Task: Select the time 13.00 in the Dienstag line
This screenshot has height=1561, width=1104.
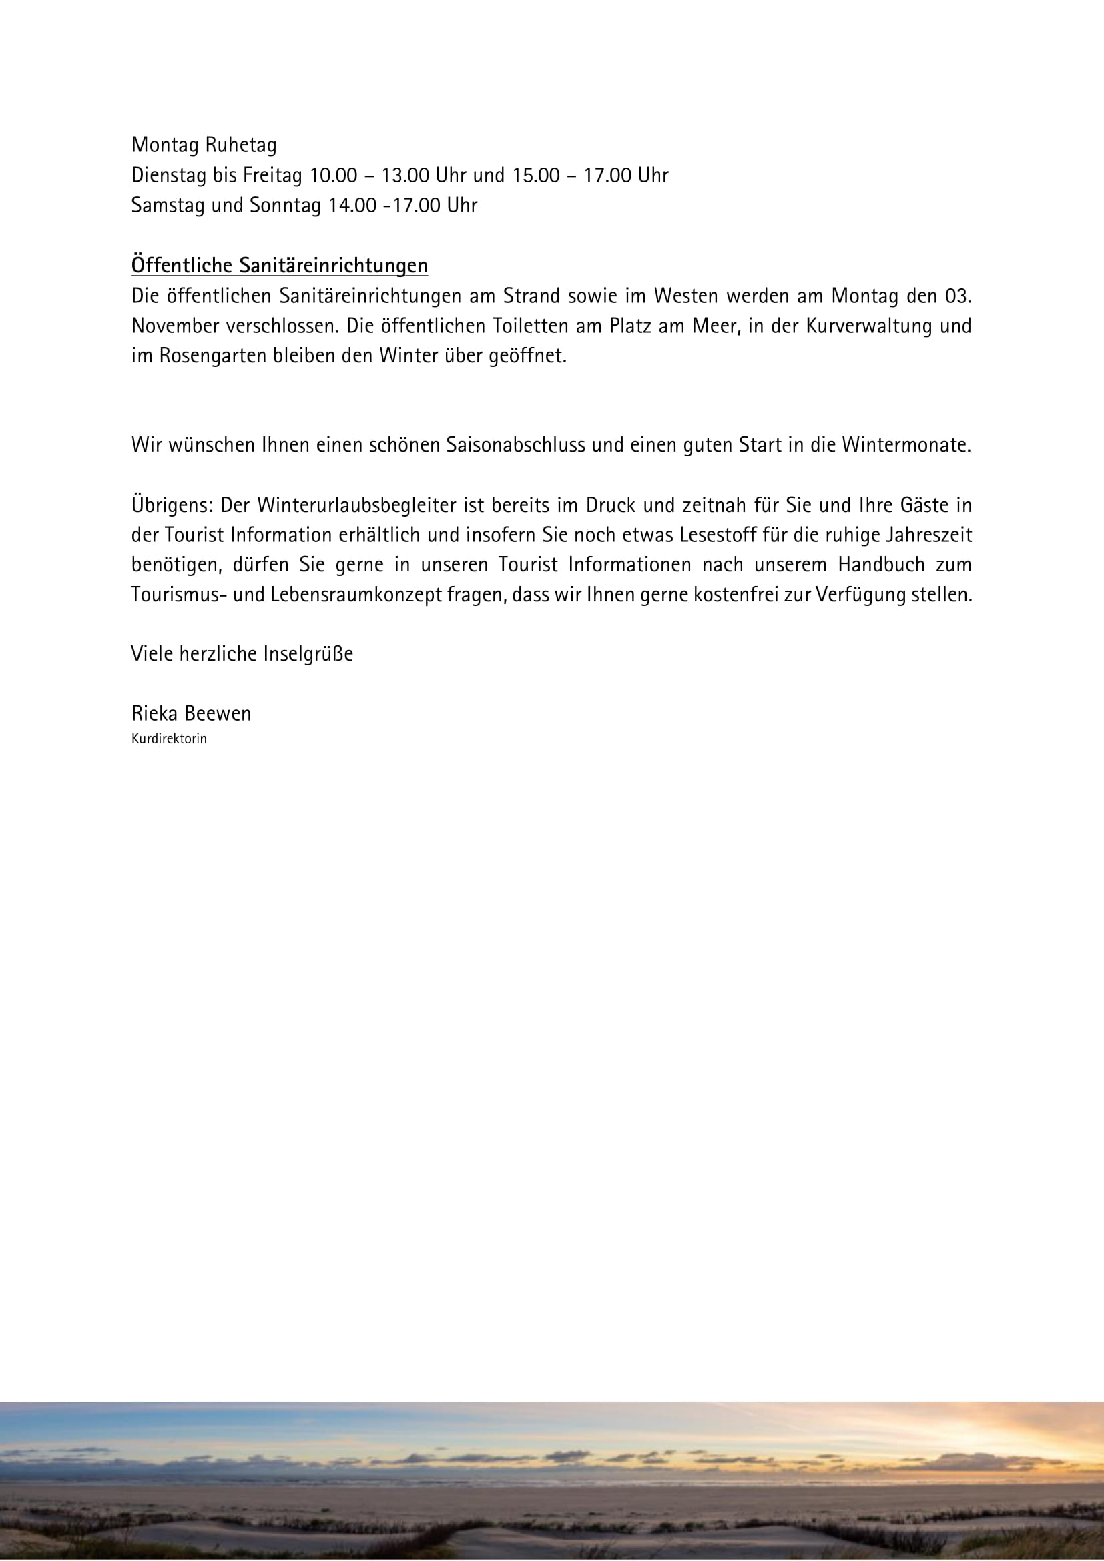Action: (x=404, y=176)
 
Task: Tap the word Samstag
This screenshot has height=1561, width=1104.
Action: (x=168, y=206)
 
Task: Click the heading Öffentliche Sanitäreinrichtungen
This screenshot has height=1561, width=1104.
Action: (x=280, y=265)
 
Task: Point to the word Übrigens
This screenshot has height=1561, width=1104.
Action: (x=173, y=505)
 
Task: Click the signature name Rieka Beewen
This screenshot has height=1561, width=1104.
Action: (x=191, y=714)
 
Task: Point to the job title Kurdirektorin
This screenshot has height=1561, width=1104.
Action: (x=169, y=739)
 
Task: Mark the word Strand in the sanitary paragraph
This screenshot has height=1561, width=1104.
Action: (x=531, y=296)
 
